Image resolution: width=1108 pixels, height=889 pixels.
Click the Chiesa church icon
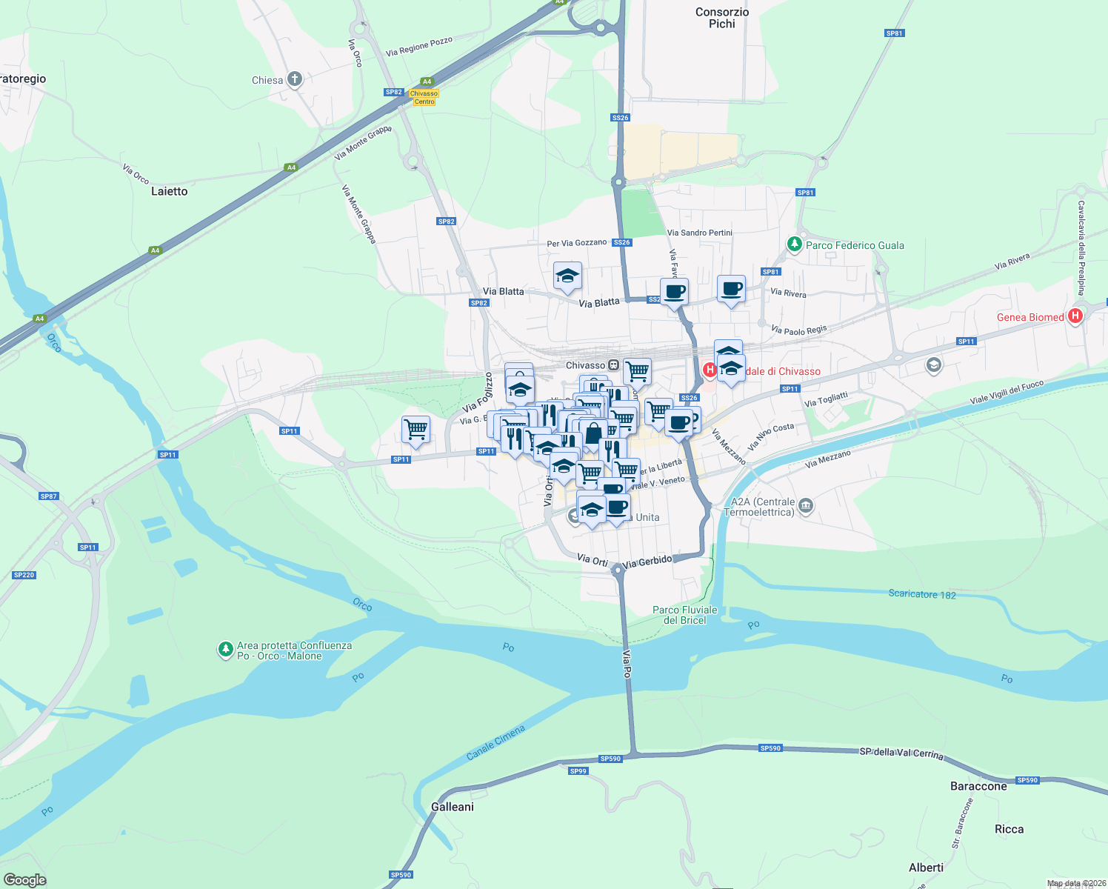pos(295,79)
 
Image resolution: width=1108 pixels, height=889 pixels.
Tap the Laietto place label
pos(170,191)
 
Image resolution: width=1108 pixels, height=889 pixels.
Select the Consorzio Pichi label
pos(722,18)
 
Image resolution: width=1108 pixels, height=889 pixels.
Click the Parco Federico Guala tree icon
pos(795,244)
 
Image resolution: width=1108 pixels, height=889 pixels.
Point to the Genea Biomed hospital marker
pos(1075,316)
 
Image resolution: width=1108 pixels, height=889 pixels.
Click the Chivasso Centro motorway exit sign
pos(424,98)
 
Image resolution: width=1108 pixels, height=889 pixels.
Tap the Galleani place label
pos(453,807)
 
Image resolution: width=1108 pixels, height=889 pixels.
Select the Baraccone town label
pos(978,786)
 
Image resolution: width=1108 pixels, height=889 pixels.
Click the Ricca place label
pos(1009,829)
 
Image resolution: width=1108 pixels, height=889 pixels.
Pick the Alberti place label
pos(926,868)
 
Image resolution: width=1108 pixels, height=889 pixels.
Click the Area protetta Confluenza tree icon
pos(225,650)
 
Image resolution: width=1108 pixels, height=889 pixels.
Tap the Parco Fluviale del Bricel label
pos(685,615)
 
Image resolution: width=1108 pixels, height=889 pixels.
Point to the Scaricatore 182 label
pos(922,594)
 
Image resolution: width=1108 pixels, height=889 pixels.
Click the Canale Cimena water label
pos(495,742)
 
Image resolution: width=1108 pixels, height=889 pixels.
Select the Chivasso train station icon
pos(613,365)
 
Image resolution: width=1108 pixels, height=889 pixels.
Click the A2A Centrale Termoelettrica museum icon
pos(806,506)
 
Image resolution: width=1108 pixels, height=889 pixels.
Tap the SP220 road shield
pos(24,575)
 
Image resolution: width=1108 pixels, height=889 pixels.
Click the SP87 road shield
pos(49,496)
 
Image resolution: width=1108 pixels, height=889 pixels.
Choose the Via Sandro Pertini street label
pos(700,233)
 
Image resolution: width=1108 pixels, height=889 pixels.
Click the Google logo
pos(25,880)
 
